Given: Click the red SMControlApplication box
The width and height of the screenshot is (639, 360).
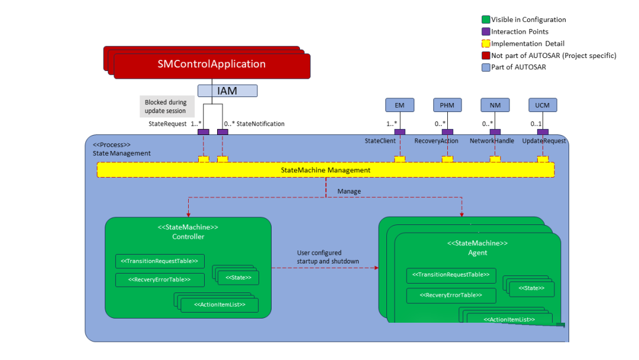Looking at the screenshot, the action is [x=212, y=66].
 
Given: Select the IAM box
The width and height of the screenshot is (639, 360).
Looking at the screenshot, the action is [x=227, y=91].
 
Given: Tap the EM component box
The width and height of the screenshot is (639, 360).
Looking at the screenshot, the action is [x=400, y=105].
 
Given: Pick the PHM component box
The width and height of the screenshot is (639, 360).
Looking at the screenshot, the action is [x=447, y=105].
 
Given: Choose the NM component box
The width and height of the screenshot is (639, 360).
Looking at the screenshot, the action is [x=495, y=105].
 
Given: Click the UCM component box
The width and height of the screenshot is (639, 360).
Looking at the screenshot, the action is [x=543, y=105].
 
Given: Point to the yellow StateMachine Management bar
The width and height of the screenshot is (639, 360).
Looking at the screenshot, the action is [x=325, y=170].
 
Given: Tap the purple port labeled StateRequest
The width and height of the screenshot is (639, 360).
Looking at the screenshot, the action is [x=204, y=132].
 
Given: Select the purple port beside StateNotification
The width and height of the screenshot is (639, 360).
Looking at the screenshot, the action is [x=222, y=132].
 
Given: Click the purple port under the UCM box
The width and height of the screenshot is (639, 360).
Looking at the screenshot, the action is [x=543, y=132].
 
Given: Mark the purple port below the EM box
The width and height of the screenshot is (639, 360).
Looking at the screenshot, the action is [x=400, y=132].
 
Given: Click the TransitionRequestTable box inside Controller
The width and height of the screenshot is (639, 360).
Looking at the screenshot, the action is [x=160, y=261].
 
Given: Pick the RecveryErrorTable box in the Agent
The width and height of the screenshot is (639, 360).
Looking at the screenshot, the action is [x=451, y=295].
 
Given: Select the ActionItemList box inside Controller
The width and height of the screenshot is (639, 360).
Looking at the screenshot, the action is [x=220, y=305].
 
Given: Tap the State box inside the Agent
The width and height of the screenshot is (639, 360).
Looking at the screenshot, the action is [x=532, y=289].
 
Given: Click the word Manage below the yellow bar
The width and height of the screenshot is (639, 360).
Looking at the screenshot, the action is [x=349, y=191].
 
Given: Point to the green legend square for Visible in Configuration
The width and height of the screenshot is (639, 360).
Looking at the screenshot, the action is [x=486, y=20].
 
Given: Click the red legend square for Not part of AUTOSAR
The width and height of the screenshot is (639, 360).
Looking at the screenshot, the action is [x=486, y=56].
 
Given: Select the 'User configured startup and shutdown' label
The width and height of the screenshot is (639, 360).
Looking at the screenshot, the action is [x=328, y=257].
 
